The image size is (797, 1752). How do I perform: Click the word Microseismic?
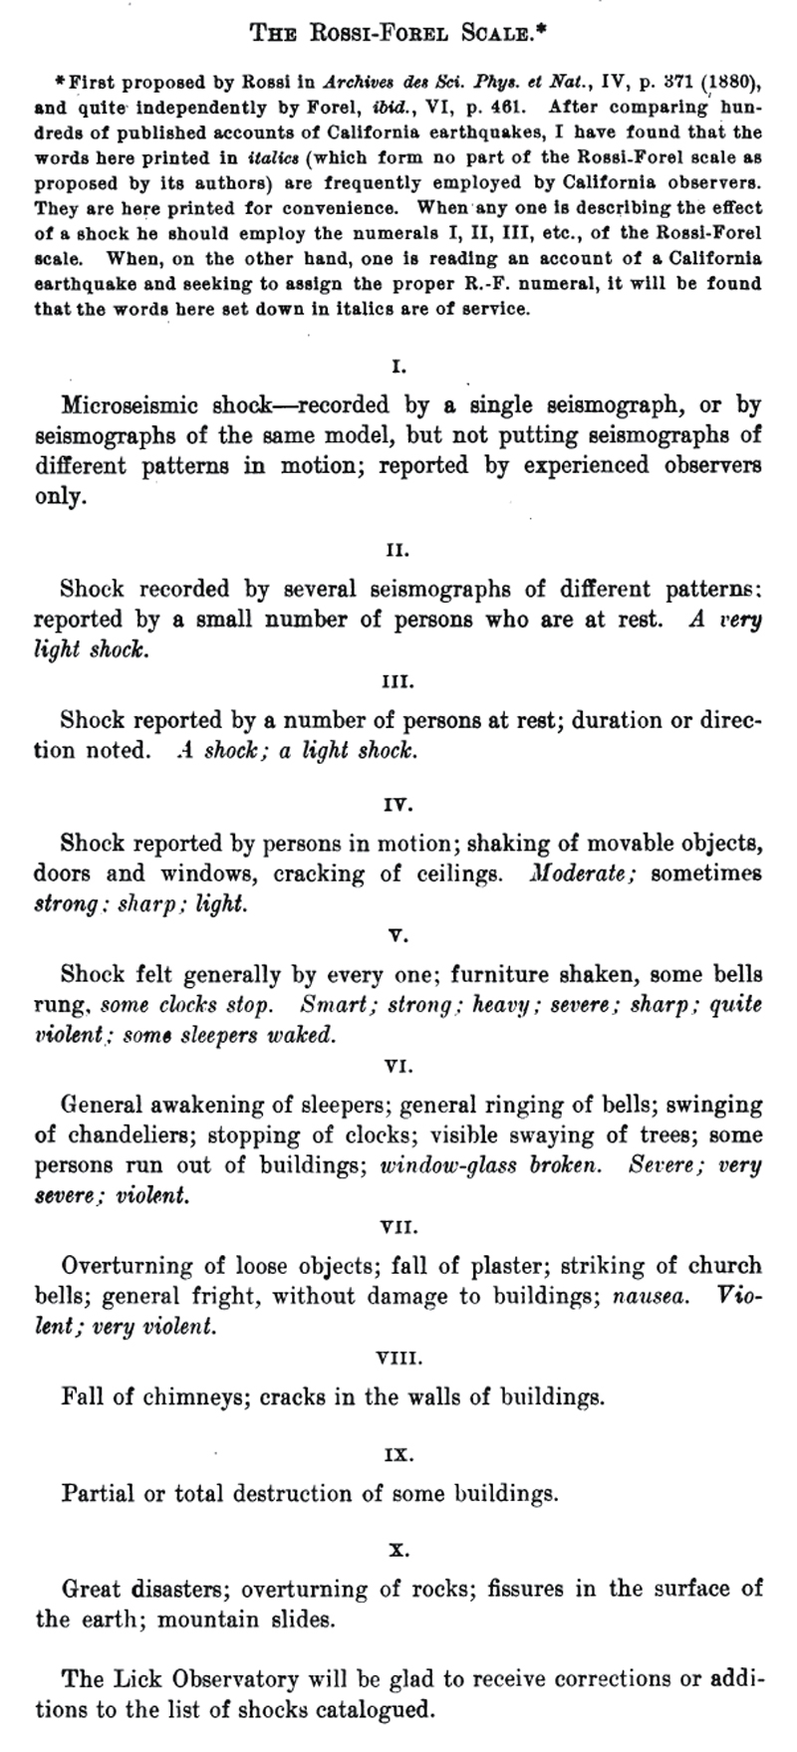pyautogui.click(x=123, y=405)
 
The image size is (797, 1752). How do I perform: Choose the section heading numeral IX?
pyautogui.click(x=398, y=1455)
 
